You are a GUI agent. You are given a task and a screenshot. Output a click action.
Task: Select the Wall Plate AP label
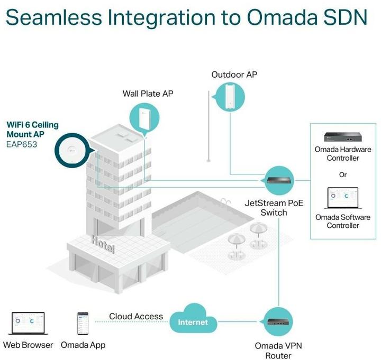pos(148,94)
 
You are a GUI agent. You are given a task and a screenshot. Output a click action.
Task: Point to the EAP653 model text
pos(22,143)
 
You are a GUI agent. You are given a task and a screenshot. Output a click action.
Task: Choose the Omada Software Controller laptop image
pos(342,199)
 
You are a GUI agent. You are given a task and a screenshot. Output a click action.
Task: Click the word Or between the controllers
pos(343,174)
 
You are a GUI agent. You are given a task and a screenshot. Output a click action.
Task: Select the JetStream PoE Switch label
pos(274,208)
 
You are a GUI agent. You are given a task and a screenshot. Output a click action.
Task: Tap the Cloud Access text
pos(136,316)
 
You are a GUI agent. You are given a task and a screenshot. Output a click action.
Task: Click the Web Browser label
pos(28,345)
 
